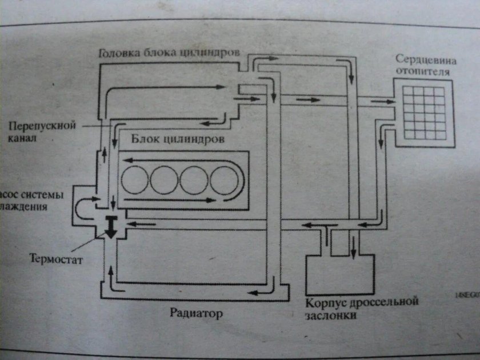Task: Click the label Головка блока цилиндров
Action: [x=168, y=53]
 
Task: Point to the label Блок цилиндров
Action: [x=177, y=138]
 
